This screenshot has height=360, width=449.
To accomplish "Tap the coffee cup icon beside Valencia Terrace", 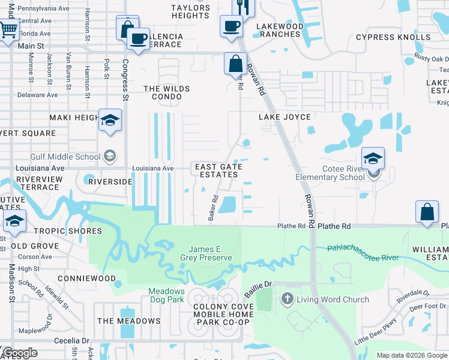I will tap(139, 39).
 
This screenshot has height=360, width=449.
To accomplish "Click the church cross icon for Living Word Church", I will tap(287, 299).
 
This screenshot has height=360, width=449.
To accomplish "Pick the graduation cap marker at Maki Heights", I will tap(110, 121).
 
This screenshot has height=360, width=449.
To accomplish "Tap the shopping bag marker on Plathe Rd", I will tap(427, 212).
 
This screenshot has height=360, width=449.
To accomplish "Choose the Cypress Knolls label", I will tap(393, 37).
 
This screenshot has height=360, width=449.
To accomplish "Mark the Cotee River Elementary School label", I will tap(330, 172).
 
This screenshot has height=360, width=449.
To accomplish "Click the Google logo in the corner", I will tap(19, 353).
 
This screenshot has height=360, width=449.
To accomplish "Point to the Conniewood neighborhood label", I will tap(86, 278).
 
